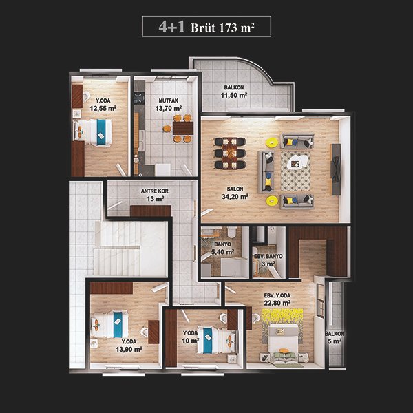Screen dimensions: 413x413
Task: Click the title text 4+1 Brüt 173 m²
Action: pyautogui.click(x=206, y=27)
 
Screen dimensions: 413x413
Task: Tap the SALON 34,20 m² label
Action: pyautogui.click(x=235, y=193)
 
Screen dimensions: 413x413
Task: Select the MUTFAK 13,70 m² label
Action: pyautogui.click(x=169, y=105)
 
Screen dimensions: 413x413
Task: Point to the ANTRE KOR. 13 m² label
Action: pyautogui.click(x=155, y=195)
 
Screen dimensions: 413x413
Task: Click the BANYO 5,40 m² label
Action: pyautogui.click(x=222, y=248)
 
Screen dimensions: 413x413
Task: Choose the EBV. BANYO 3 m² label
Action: pyautogui.click(x=268, y=260)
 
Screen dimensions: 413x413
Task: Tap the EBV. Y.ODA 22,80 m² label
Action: pyautogui.click(x=277, y=299)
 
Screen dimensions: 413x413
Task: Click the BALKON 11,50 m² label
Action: pyautogui.click(x=234, y=92)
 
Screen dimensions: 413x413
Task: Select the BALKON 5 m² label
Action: pyautogui.click(x=335, y=337)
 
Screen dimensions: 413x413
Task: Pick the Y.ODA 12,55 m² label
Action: pyautogui.click(x=103, y=105)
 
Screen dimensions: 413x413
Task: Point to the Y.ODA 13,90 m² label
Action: pyautogui.click(x=129, y=346)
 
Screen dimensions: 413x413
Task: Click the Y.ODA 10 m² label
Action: pyautogui.click(x=190, y=337)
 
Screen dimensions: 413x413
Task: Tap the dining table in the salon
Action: pyautogui.click(x=230, y=153)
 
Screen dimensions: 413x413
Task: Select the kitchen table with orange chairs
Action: pyautogui.click(x=183, y=128)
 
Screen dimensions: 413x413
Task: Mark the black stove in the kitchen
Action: pyautogui.click(x=139, y=98)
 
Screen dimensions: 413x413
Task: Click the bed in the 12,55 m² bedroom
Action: pyautogui.click(x=92, y=132)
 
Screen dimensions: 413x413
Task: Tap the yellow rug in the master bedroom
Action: pyautogui.click(x=282, y=326)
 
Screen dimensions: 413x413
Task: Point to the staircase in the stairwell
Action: pyautogui.click(x=121, y=248)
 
